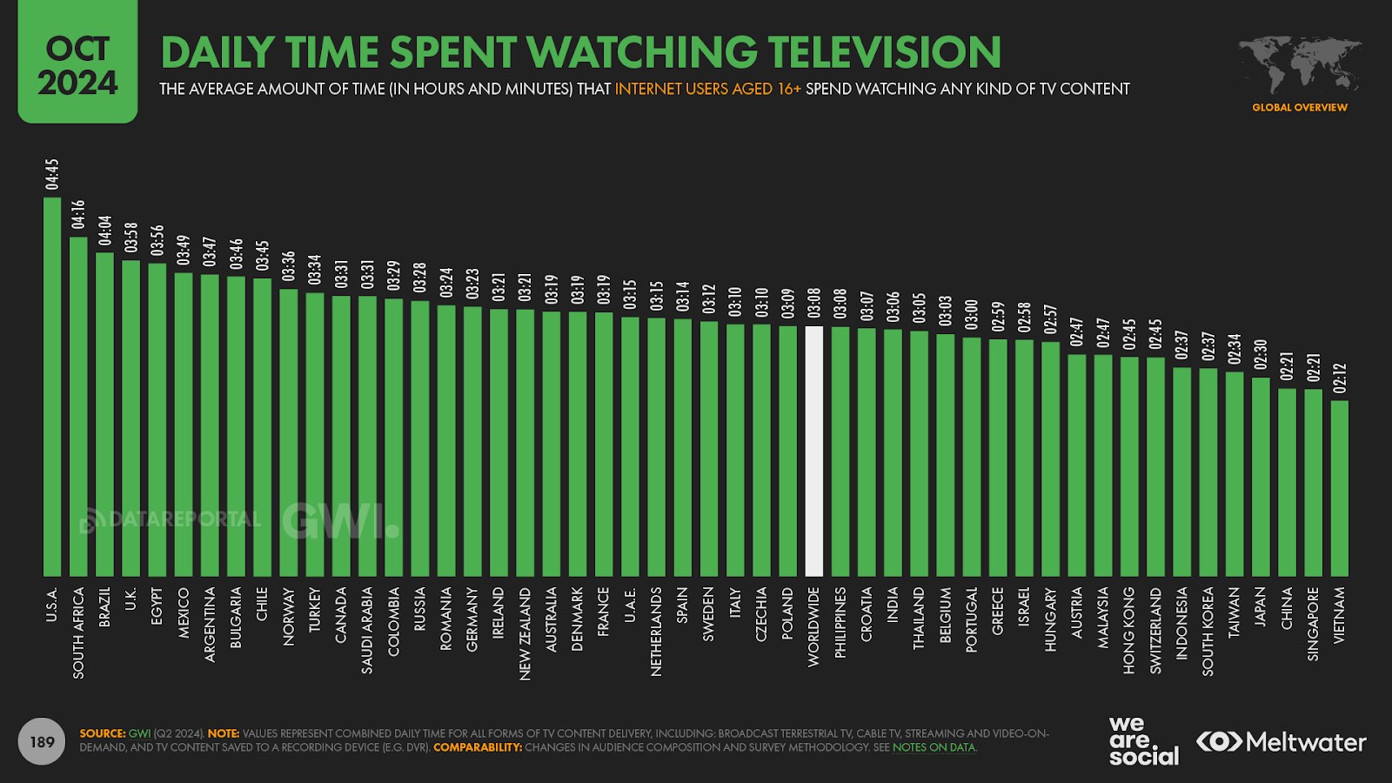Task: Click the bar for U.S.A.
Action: (52, 387)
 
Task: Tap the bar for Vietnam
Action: (1340, 488)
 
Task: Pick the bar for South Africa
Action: (78, 406)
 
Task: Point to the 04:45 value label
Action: (52, 174)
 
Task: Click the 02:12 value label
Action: (1340, 378)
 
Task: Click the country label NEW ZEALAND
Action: (525, 633)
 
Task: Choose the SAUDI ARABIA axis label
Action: (367, 630)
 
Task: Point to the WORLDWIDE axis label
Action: (814, 626)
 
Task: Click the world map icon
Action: (1300, 65)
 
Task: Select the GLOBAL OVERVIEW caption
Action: (1300, 108)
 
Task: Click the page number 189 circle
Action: (42, 742)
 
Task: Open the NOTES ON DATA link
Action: (934, 747)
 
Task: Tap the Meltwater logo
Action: (1281, 742)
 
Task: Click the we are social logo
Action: (1142, 740)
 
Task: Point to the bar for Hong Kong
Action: (1129, 466)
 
